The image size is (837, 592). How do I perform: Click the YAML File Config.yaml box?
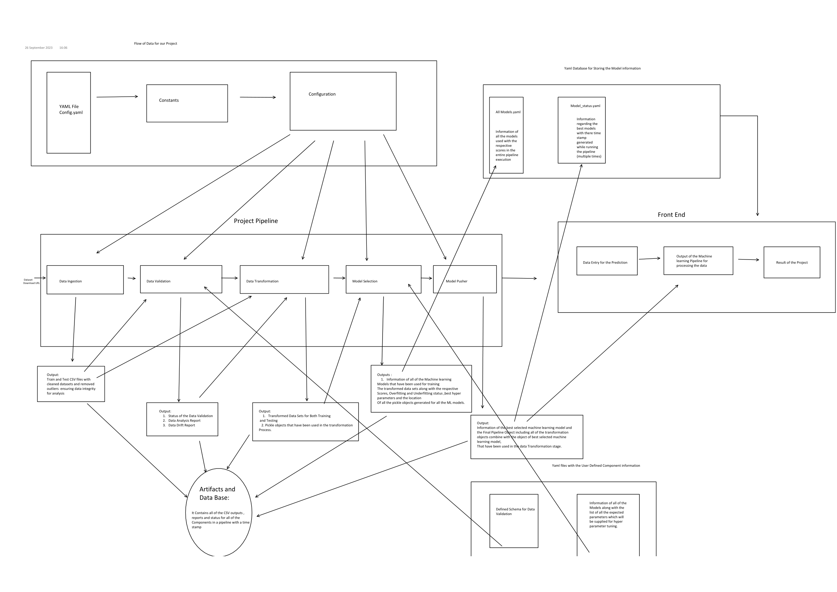69,112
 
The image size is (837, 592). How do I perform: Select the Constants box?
187,103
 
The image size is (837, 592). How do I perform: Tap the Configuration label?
322,94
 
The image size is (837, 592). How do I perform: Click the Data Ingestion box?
85,280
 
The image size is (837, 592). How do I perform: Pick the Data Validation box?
181,279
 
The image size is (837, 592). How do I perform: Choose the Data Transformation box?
284,280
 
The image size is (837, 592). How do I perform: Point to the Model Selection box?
383,280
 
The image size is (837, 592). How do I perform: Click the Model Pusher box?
464,279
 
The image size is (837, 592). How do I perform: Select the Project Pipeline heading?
256,221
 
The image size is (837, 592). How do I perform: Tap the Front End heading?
671,215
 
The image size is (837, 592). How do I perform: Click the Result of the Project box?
792,262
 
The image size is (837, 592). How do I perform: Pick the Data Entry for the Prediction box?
607,261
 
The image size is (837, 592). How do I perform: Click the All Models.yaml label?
508,112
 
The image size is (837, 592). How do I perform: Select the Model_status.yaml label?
585,106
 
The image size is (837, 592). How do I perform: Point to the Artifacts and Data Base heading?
217,493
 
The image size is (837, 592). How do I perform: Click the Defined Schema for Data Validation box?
514,520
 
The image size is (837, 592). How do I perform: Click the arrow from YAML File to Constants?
117,97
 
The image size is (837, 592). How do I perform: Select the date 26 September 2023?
39,48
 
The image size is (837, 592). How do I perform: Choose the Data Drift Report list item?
181,425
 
